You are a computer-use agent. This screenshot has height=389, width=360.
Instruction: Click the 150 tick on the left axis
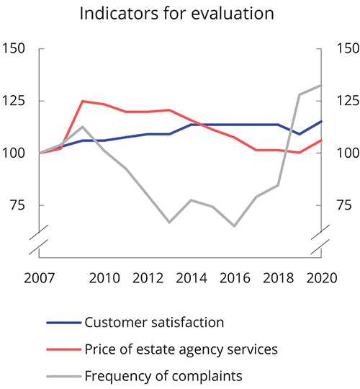point(14,49)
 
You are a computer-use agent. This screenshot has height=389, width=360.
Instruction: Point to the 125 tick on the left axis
point(14,101)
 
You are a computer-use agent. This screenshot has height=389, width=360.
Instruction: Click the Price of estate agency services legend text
point(181,349)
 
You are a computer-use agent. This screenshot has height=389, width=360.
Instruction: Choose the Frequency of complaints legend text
point(162,375)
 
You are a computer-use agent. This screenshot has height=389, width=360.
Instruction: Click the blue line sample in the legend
point(63,323)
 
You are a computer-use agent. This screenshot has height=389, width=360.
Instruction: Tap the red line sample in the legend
point(63,349)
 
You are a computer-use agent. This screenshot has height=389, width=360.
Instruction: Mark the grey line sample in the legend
point(63,376)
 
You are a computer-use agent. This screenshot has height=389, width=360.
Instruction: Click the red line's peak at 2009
point(82,101)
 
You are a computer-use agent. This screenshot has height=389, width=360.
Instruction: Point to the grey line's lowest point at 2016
point(234,226)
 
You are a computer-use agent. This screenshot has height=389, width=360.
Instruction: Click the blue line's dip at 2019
point(300,134)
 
